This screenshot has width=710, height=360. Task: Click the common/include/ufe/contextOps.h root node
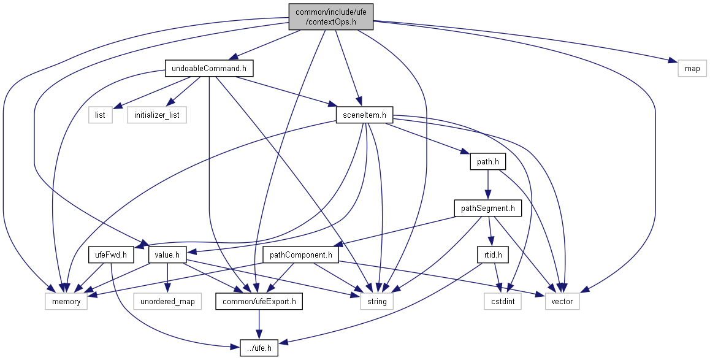pyautogui.click(x=331, y=17)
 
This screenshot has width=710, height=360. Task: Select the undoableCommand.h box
pyautogui.click(x=209, y=68)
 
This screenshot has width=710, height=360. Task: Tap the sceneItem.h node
pyautogui.click(x=364, y=115)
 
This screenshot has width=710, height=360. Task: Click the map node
pyautogui.click(x=692, y=68)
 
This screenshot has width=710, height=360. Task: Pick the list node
pyautogui.click(x=101, y=115)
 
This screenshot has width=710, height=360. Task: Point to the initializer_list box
pyautogui.click(x=157, y=115)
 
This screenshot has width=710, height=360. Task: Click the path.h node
pyautogui.click(x=487, y=163)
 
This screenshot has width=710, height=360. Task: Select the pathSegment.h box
pyautogui.click(x=488, y=209)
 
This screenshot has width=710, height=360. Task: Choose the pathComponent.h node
pyautogui.click(x=300, y=255)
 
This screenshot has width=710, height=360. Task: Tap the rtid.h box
pyautogui.click(x=489, y=255)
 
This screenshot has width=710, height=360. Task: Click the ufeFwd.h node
pyautogui.click(x=111, y=255)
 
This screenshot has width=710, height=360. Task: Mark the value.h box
pyautogui.click(x=167, y=255)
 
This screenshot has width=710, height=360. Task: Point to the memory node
pyautogui.click(x=66, y=302)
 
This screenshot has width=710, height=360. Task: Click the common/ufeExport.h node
pyautogui.click(x=259, y=302)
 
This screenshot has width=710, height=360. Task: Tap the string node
pyautogui.click(x=376, y=302)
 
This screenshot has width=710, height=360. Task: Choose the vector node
pyautogui.click(x=562, y=302)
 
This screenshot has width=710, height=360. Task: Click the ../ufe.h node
pyautogui.click(x=259, y=348)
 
